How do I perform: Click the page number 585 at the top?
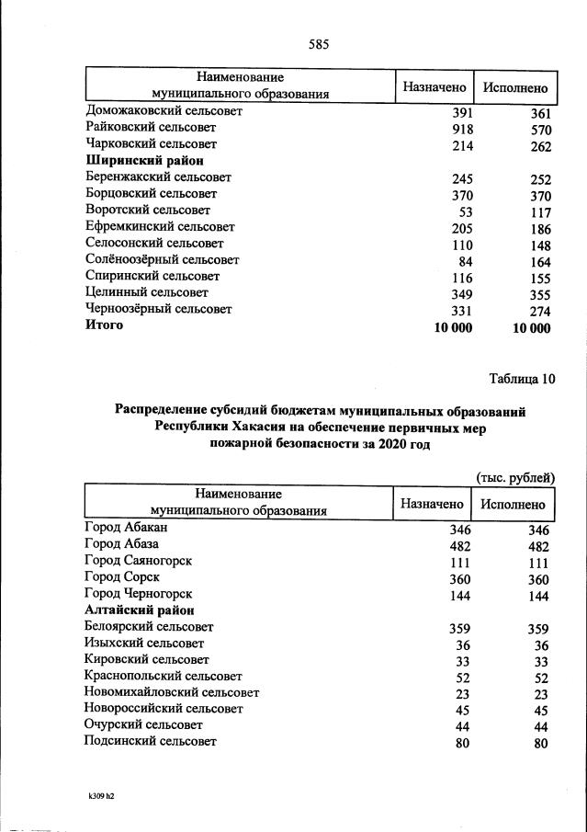[x=319, y=44]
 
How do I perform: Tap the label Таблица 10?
[x=523, y=377]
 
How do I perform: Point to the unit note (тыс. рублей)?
[x=515, y=476]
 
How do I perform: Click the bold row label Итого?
[x=104, y=325]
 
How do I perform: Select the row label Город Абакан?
[x=126, y=528]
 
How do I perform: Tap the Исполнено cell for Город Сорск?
[x=538, y=579]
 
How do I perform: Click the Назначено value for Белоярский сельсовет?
[x=459, y=630]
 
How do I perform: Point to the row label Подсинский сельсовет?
[x=151, y=741]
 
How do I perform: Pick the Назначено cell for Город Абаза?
[x=459, y=546]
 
